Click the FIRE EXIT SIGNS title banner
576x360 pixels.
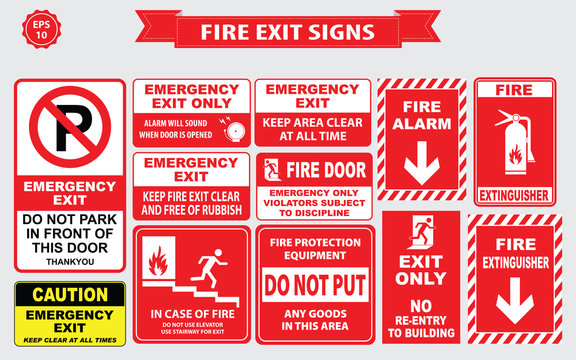pos(289,31)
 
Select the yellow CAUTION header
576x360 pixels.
pos(69,295)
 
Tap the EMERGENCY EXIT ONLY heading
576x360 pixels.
pos(191,95)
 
